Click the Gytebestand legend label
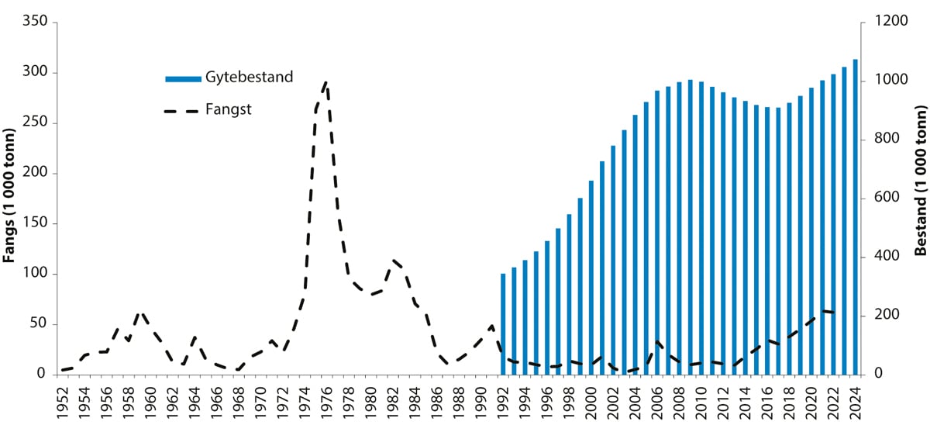coord(249,77)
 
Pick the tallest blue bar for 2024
coord(855,217)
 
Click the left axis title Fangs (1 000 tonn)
coord(10,197)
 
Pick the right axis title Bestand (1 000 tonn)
coord(920,197)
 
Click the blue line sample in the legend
coord(183,78)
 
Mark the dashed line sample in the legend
coord(183,111)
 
